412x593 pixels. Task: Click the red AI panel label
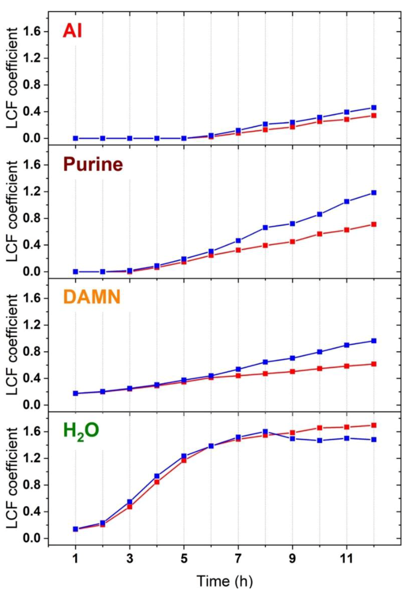72,31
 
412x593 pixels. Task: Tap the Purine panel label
93,164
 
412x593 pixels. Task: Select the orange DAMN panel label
92,297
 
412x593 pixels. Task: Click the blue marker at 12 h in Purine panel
374,193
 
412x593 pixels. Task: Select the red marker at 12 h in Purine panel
374,224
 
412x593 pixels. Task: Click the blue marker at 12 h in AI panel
374,107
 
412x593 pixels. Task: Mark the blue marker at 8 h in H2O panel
265,432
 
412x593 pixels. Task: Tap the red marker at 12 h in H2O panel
374,425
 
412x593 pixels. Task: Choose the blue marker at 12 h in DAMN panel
374,341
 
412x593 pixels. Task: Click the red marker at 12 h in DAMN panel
374,364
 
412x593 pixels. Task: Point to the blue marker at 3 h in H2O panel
130,502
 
